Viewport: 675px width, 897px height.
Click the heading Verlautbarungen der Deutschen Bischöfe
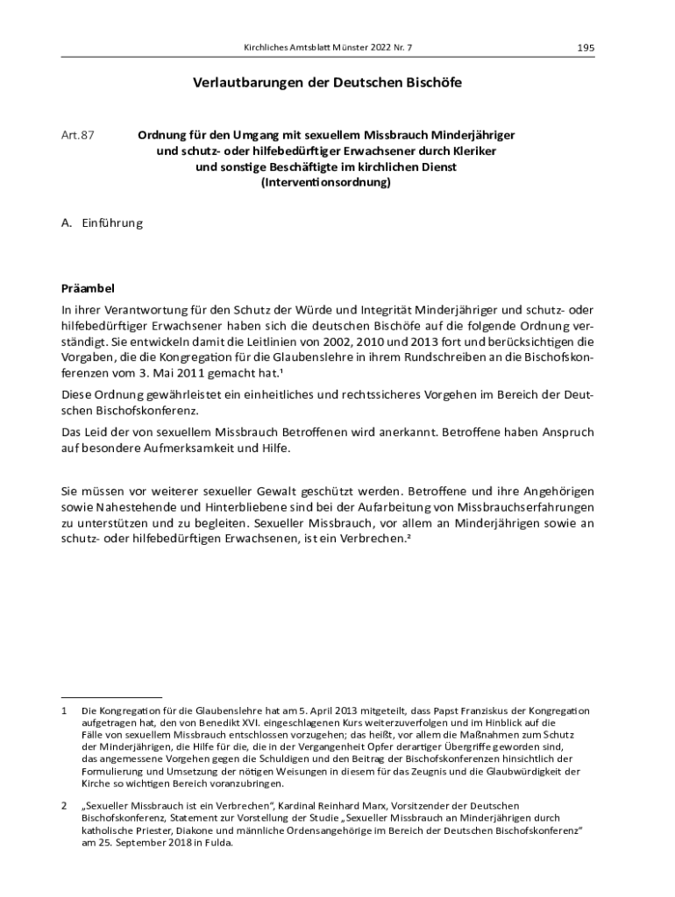coord(327,83)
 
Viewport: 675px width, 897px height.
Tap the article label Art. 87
coord(77,136)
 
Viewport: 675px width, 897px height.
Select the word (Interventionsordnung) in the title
coord(326,183)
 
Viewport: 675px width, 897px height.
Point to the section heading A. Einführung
coord(101,223)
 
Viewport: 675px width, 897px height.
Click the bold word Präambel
coord(88,287)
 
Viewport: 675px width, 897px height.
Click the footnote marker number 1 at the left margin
coord(64,710)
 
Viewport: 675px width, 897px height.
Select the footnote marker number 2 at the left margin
coord(64,805)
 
